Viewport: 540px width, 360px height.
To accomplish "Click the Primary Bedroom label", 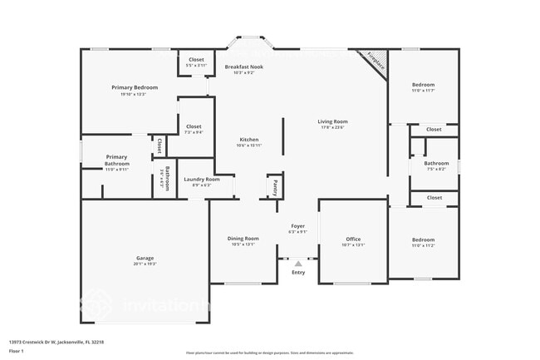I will (135, 87).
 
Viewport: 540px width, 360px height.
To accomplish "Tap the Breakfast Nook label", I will (245, 67).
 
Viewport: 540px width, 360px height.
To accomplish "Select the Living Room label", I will (332, 121).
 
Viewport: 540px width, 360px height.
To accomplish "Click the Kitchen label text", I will (249, 140).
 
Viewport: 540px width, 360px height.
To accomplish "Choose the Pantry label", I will (274, 186).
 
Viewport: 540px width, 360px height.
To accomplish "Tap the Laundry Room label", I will (202, 180).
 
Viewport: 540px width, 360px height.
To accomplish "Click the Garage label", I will (145, 258).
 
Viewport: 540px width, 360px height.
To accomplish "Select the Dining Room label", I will (243, 239).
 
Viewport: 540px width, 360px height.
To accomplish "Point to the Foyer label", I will (297, 226).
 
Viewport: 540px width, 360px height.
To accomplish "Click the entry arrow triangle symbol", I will (298, 263).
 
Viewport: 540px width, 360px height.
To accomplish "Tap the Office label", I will (353, 239).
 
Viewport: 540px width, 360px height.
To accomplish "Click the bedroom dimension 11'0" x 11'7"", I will (423, 91).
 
